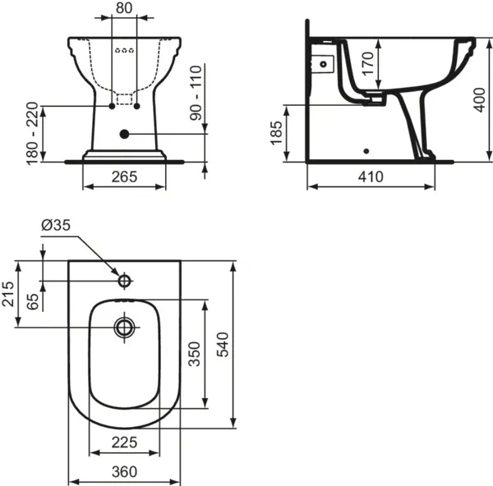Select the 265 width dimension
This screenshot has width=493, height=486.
[x=124, y=177]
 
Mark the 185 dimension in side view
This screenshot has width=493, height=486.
[x=277, y=133]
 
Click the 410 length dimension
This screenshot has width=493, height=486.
[x=370, y=177]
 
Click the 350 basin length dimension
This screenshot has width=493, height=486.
[x=195, y=353]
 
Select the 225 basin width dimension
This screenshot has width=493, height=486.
[x=124, y=443]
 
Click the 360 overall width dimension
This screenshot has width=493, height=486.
[x=124, y=471]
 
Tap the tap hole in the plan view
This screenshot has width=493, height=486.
[x=124, y=281]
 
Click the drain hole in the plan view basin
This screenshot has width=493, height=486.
[x=124, y=328]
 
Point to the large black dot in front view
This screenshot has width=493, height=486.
[x=124, y=133]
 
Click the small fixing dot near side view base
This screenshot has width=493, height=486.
[x=366, y=151]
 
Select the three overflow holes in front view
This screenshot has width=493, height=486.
[x=124, y=49]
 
